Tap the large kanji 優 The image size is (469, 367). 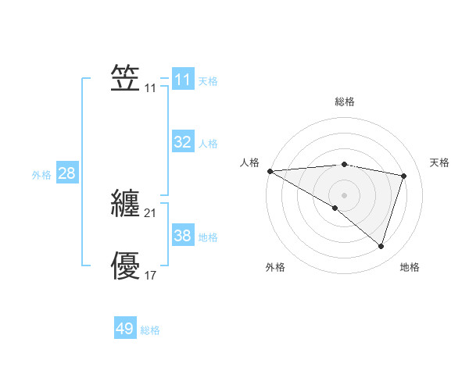pyautogui.click(x=125, y=265)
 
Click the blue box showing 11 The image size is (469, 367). pyautogui.click(x=182, y=80)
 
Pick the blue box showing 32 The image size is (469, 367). pyautogui.click(x=182, y=142)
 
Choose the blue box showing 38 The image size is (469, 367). pyautogui.click(x=182, y=236)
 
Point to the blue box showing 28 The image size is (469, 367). pyautogui.click(x=66, y=173)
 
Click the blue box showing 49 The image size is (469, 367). pyautogui.click(x=125, y=330)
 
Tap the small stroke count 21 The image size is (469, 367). pyautogui.click(x=151, y=213)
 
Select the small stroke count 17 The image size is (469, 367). pyautogui.click(x=151, y=276)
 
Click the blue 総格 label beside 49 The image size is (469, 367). pyautogui.click(x=150, y=331)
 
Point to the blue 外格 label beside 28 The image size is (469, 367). pyautogui.click(x=41, y=175)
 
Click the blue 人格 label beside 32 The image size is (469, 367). pyautogui.click(x=208, y=144)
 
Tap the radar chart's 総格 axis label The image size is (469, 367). pyautogui.click(x=344, y=102)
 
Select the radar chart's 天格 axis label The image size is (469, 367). pyautogui.click(x=439, y=162)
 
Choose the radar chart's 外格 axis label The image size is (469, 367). pyautogui.click(x=275, y=268)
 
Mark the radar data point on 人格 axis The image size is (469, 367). pyautogui.click(x=270, y=171)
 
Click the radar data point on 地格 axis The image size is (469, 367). pyautogui.click(x=381, y=246)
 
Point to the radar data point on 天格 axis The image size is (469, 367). pyautogui.click(x=403, y=176)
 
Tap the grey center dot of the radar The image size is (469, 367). pyautogui.click(x=344, y=194)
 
